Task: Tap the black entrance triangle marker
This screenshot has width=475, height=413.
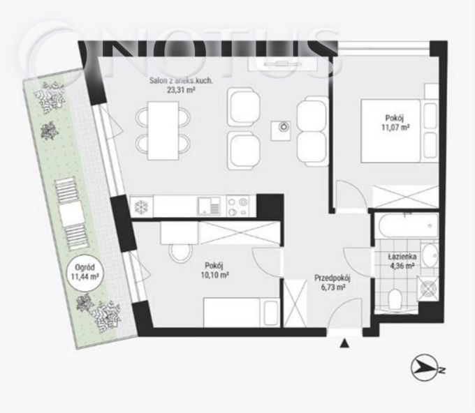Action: click(344, 343)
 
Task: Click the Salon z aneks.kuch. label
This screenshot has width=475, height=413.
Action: click(181, 81)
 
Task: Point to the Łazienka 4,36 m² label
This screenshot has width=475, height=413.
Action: click(402, 261)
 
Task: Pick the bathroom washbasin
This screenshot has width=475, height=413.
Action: click(430, 255)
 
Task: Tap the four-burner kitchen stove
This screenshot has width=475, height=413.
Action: click(237, 206)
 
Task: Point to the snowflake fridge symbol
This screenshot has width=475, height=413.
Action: click(141, 206)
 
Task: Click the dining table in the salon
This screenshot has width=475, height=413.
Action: click(163, 130)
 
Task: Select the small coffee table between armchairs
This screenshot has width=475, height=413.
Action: click(281, 130)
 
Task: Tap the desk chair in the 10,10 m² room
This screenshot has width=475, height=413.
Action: click(181, 253)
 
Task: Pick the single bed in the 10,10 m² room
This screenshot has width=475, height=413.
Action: click(242, 313)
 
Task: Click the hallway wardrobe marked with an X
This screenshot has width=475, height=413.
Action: click(295, 303)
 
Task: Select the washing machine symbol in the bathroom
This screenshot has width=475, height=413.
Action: click(427, 288)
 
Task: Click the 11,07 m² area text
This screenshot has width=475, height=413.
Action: click(395, 128)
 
